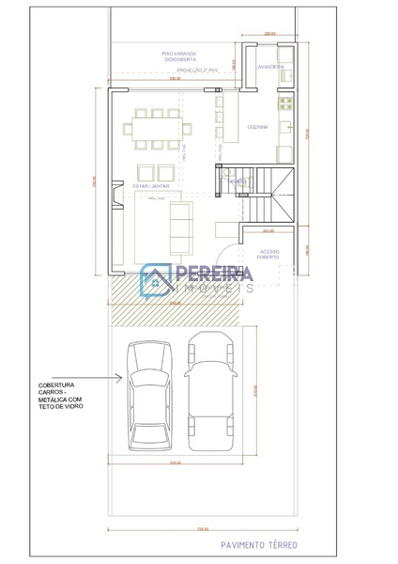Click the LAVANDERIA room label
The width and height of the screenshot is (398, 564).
point(267,67)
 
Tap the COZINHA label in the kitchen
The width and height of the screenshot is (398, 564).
point(258,126)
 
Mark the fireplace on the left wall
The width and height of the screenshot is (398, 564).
point(114,196)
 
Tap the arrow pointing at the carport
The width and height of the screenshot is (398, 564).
point(112,379)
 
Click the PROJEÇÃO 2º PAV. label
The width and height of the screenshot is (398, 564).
point(200,70)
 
